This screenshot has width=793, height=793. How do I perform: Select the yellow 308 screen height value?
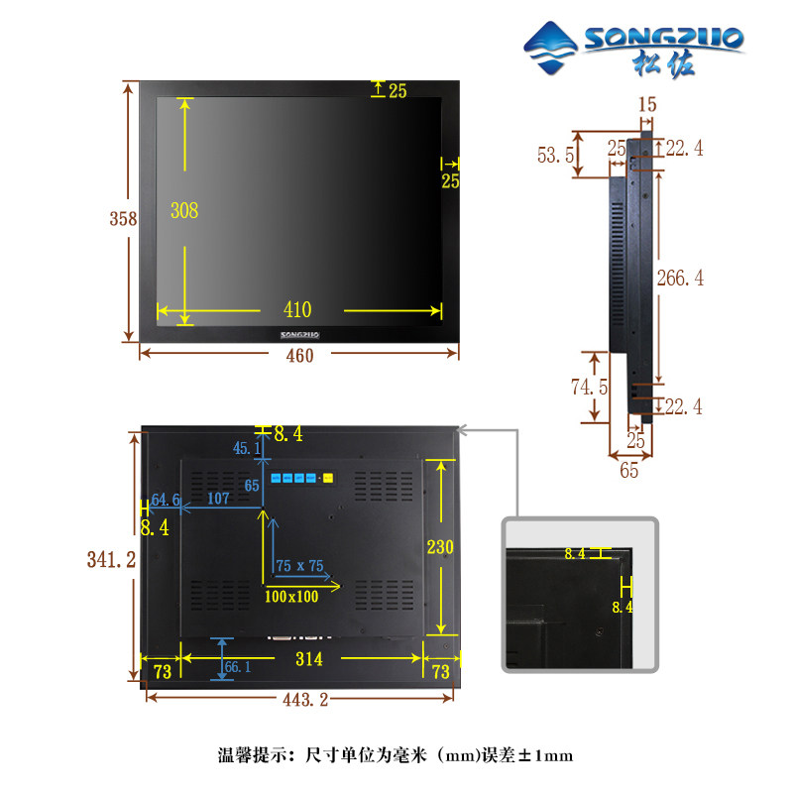tap(184, 210)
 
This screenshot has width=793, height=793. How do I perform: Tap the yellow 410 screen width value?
tap(296, 310)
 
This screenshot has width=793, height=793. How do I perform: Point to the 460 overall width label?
tap(298, 356)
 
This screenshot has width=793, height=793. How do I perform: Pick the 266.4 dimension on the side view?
tap(679, 279)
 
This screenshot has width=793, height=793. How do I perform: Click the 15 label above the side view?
tap(647, 103)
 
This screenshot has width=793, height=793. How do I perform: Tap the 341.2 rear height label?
tap(111, 560)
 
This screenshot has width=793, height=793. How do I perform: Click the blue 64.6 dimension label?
tap(166, 500)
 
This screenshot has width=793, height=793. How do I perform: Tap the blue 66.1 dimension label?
tap(238, 667)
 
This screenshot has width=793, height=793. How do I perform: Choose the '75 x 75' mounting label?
tap(299, 566)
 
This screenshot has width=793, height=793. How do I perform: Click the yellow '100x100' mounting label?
tap(291, 596)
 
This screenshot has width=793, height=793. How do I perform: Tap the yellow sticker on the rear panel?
tap(329, 480)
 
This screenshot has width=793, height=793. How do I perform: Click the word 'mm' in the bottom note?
tap(456, 756)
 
